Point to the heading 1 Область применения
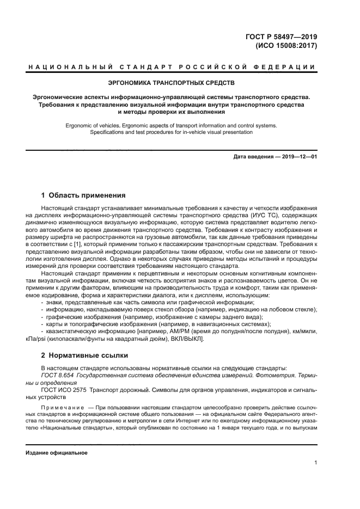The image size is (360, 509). click(83, 195)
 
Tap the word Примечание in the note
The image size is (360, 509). click(62, 407)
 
